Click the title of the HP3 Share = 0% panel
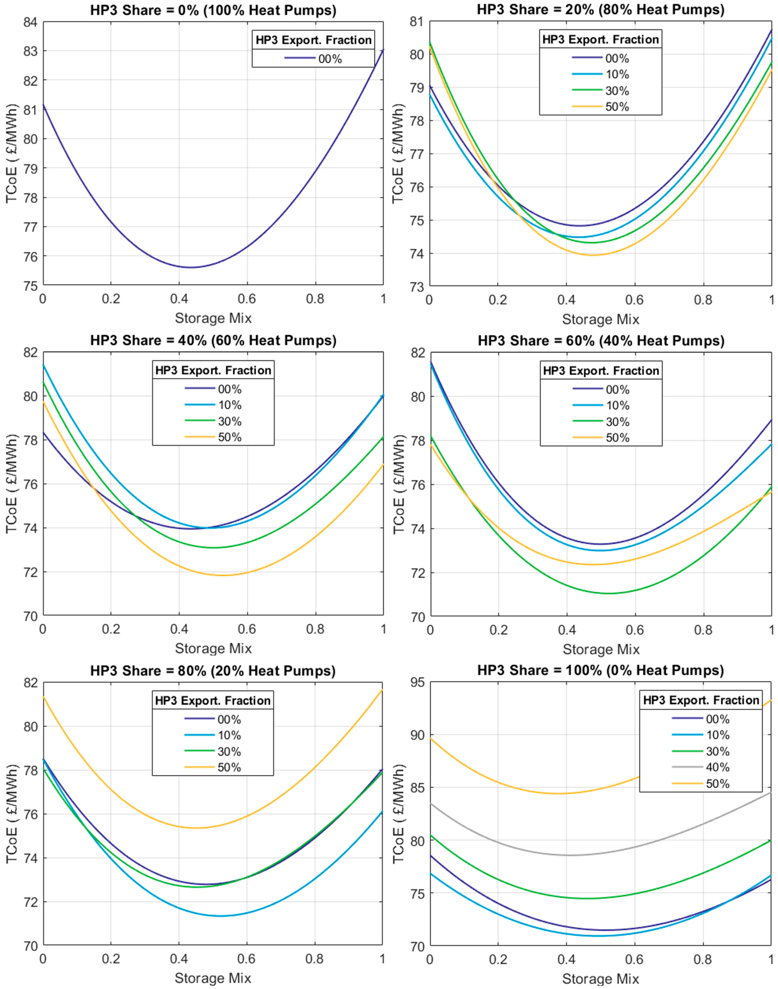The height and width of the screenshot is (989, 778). [213, 10]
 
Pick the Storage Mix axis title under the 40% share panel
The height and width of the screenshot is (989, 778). [213, 648]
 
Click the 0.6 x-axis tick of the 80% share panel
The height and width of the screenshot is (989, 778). [246, 959]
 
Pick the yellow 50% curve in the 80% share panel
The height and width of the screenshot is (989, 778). [196, 828]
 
